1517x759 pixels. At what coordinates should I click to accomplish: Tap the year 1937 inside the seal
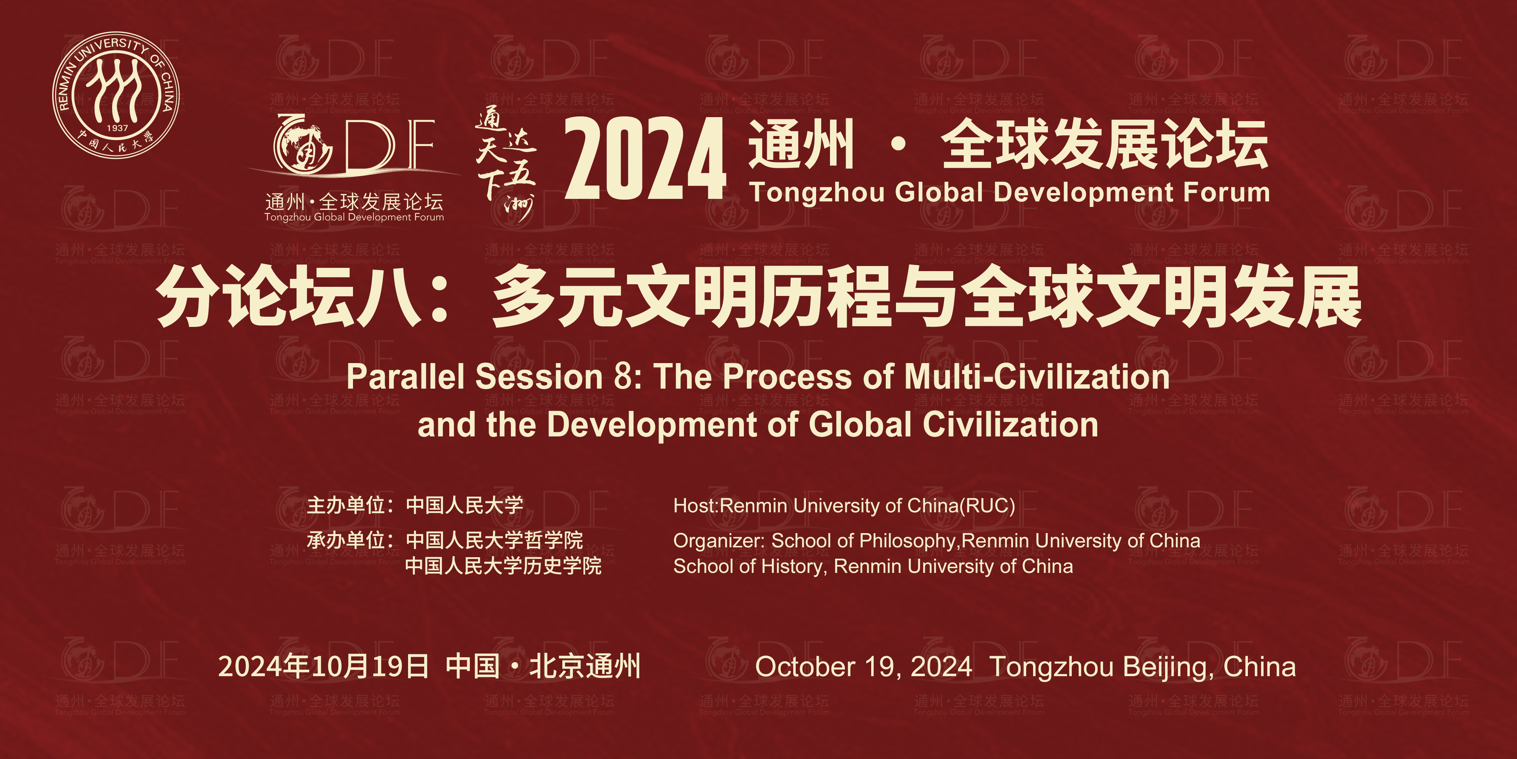click(117, 128)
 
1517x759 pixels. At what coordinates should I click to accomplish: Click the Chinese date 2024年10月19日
click(323, 666)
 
